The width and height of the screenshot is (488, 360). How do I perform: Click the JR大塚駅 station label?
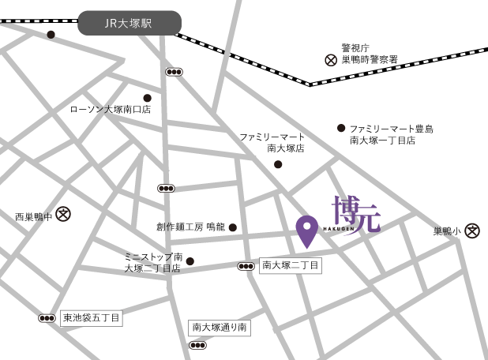pos(129,24)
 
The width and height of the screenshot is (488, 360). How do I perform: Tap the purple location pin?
pos(307,230)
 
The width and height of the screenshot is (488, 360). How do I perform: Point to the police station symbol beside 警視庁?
pos(331,59)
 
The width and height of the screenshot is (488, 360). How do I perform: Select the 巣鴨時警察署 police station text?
pos(370,59)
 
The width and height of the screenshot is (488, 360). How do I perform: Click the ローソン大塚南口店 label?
pos(111,110)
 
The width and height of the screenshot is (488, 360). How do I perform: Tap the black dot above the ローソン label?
pos(147,98)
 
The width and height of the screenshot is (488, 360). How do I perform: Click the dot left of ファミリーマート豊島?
pos(341,128)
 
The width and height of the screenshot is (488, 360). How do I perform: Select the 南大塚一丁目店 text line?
pos(382,141)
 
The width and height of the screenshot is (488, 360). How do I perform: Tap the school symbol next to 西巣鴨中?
pos(64,213)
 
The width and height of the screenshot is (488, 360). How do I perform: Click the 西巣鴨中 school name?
pos(33,216)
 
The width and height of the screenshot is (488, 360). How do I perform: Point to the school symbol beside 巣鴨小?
pos(472,231)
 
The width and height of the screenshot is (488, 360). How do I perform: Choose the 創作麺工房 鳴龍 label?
pos(190,227)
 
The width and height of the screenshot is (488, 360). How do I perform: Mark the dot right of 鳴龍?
pos(233,227)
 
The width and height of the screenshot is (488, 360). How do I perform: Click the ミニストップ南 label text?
pos(153,257)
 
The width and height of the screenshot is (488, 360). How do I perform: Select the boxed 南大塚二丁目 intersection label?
pos(291,266)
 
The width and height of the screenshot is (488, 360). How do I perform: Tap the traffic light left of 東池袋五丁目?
pos(47,318)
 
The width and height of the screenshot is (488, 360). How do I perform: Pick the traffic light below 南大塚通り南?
pos(197,345)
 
